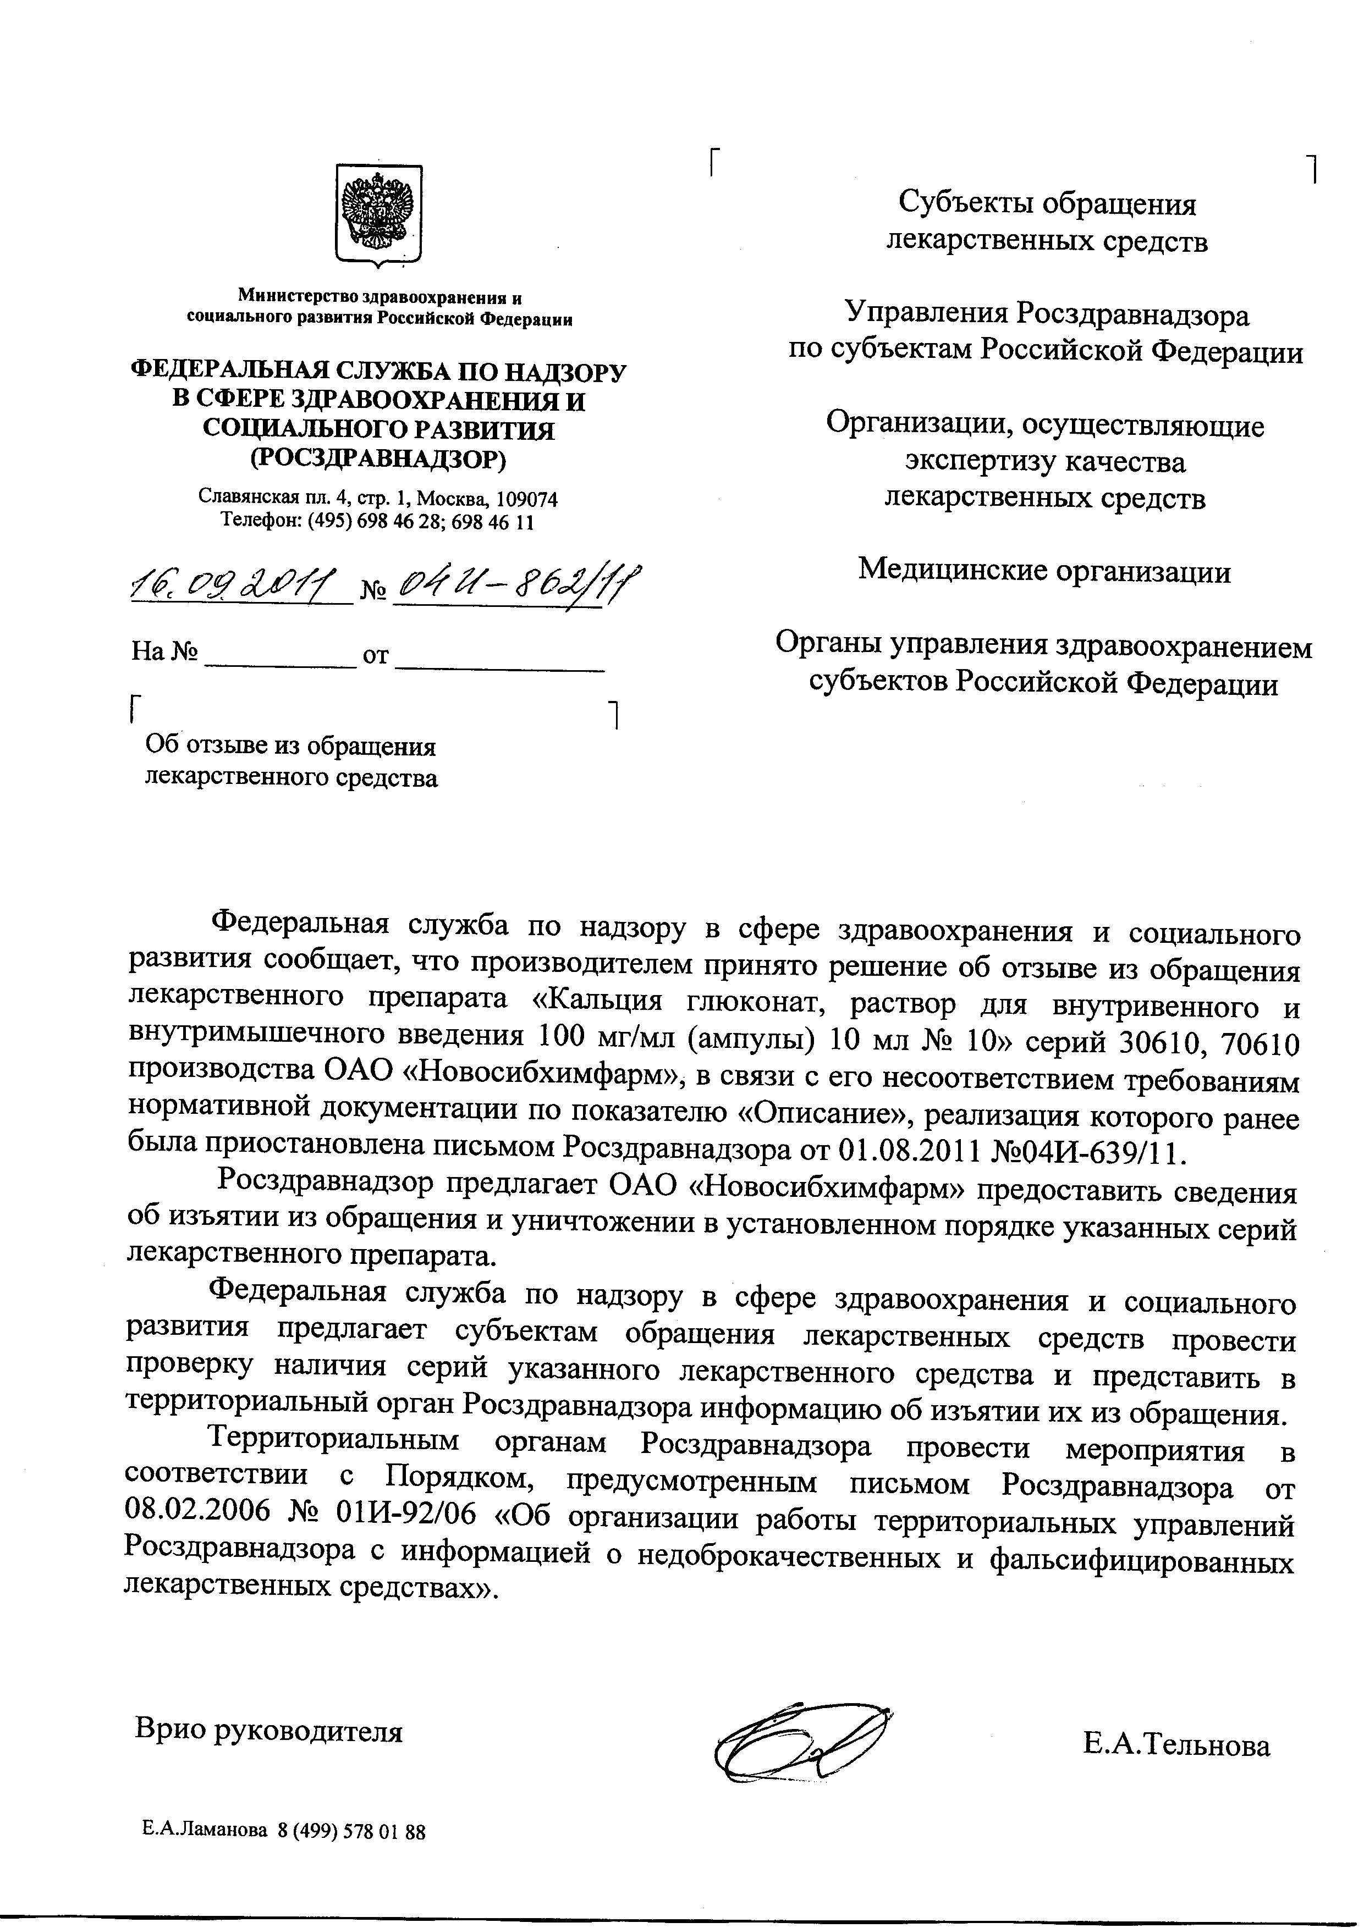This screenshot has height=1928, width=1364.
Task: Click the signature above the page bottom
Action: [x=798, y=1732]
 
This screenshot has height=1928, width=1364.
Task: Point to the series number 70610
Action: [x=1260, y=1044]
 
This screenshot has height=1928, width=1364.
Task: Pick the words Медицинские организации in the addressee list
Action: [x=1044, y=572]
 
